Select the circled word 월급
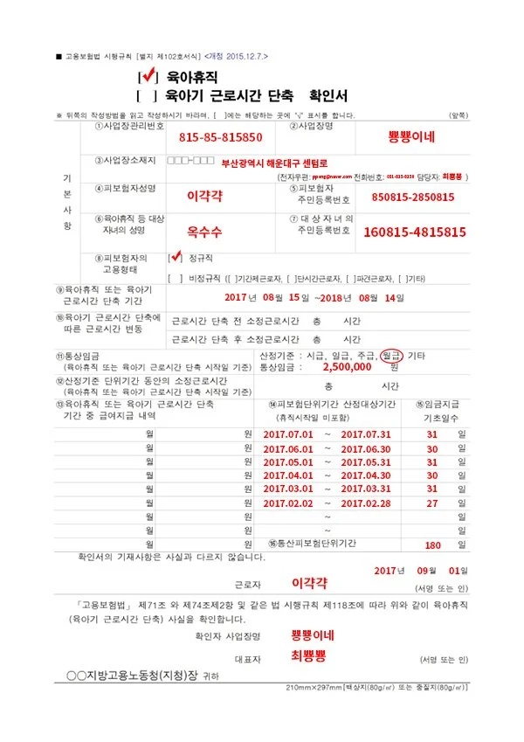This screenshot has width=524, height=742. pos(394,355)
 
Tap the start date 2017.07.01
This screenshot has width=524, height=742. pos(287,434)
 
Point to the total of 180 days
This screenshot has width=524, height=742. pos(432,544)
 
